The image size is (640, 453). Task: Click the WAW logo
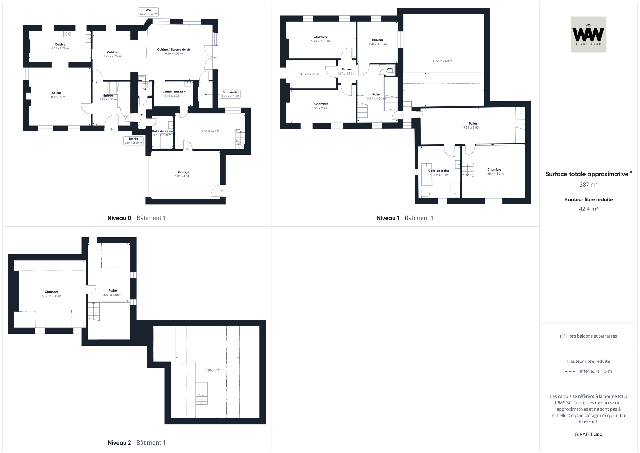point(588,34)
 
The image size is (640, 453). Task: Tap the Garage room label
point(184,172)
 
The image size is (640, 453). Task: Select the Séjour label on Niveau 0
point(57,93)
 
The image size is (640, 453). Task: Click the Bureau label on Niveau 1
point(377,40)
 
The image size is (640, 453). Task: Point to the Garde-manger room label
point(174,92)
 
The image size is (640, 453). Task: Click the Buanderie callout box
point(230,94)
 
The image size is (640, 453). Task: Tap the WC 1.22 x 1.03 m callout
point(148,12)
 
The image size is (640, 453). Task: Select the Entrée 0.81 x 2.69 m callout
point(133,141)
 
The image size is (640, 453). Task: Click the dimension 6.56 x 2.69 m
point(443,61)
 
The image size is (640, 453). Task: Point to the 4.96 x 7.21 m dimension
point(215,370)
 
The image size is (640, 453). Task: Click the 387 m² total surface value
point(588,185)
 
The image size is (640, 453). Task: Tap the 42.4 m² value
point(588,209)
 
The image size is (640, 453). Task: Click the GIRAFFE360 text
point(588,434)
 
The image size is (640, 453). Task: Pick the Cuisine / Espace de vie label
point(174,50)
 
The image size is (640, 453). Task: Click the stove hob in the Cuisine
point(67,34)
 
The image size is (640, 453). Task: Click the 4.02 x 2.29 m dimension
point(310,74)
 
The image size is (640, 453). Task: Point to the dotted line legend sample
point(570,372)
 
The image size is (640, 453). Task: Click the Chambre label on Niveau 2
point(52,292)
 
